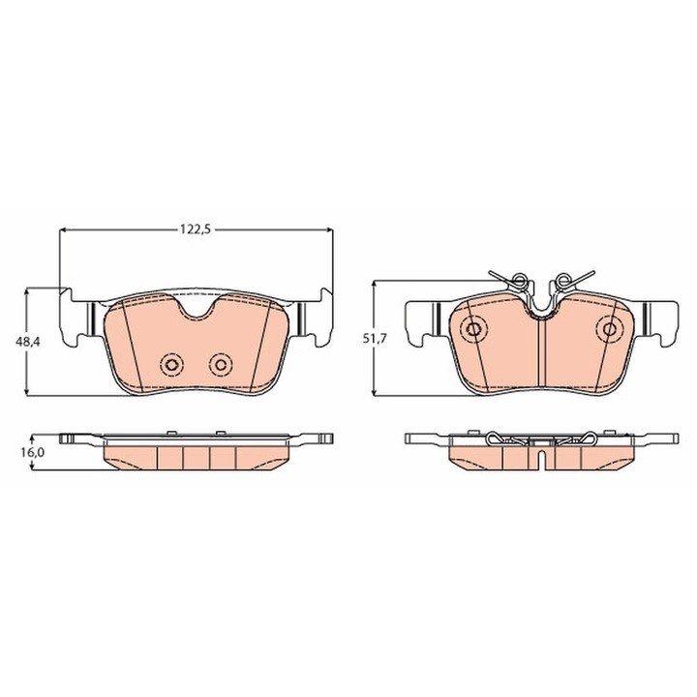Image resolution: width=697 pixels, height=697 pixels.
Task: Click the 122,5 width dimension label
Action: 196,229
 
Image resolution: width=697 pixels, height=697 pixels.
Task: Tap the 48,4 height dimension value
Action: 27,342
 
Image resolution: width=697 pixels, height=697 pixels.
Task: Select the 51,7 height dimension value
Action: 376,338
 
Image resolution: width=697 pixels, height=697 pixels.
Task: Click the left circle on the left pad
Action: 171,365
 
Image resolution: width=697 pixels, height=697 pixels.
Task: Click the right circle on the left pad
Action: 221,365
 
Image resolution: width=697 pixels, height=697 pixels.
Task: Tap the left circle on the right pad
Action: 473,329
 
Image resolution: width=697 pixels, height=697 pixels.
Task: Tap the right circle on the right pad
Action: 610,329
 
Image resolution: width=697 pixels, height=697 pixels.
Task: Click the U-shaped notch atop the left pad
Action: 196,315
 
